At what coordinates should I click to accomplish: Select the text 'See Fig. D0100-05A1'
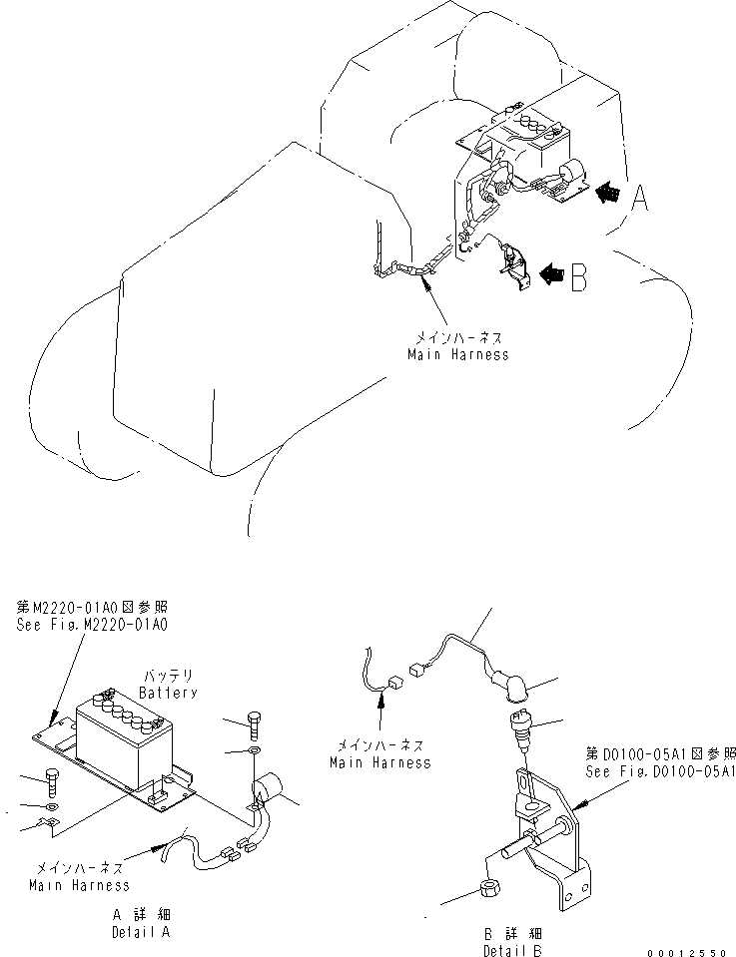click(662, 771)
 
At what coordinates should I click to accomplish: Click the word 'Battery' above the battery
click(168, 693)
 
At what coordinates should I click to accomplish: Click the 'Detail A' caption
click(141, 932)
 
